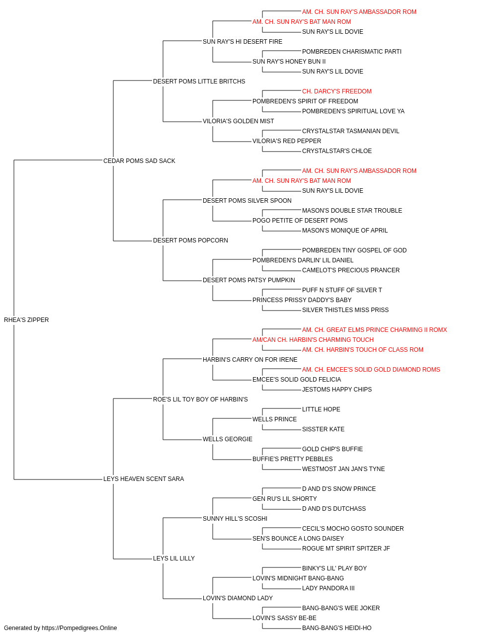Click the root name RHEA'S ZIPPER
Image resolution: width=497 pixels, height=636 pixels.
(x=26, y=320)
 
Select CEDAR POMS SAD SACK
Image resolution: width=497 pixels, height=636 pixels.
(x=139, y=160)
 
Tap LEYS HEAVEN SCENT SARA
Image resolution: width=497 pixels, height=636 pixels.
(x=144, y=479)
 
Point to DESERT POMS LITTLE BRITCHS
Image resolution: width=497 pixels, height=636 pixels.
(x=199, y=81)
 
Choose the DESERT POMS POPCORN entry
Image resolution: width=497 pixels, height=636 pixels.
(x=190, y=240)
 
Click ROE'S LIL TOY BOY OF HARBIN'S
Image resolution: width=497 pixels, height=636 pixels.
(x=200, y=399)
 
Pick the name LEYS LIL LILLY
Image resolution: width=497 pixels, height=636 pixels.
(x=173, y=558)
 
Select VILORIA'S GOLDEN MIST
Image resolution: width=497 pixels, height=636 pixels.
(x=238, y=121)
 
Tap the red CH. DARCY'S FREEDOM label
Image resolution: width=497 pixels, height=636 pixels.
(x=336, y=91)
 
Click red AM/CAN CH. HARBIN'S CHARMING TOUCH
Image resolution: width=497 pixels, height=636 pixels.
(x=313, y=340)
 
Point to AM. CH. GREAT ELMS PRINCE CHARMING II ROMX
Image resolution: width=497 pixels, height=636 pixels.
(x=374, y=330)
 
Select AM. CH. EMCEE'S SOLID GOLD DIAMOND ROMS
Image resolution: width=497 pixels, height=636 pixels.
(x=371, y=370)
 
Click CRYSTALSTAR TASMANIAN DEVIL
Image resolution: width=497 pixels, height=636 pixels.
(x=350, y=131)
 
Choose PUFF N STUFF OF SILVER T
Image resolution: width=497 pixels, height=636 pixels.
(x=342, y=290)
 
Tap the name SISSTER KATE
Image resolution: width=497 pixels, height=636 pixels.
(x=323, y=429)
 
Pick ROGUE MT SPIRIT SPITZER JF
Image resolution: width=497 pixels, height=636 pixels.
(x=346, y=549)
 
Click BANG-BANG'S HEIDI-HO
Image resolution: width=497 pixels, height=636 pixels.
(x=336, y=628)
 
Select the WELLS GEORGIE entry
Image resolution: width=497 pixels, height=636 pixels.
(x=228, y=439)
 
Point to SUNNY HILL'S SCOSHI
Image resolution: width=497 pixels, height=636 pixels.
(x=235, y=519)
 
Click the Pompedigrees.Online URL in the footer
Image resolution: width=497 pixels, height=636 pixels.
(x=79, y=628)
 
